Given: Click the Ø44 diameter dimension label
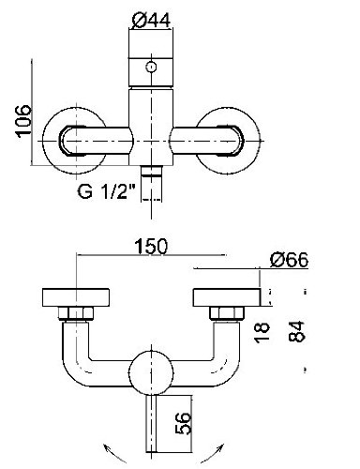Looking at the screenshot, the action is tap(151, 20).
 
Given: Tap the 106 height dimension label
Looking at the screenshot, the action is tap(23, 121).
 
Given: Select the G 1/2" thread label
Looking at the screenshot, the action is tap(107, 191).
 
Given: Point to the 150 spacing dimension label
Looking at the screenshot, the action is tap(151, 246).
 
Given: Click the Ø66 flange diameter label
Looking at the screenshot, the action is tap(290, 260).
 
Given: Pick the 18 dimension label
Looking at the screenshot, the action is tap(262, 333).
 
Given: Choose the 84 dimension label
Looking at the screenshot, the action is tap(296, 331).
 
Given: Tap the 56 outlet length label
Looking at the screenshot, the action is tap(183, 423).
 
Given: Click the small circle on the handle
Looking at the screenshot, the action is tap(152, 67).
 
